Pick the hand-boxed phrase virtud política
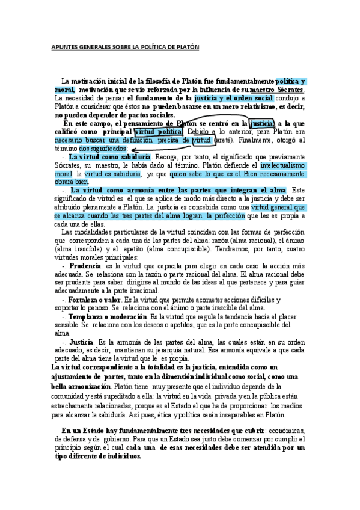pos(157,132)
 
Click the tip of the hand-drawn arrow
pos(132,150)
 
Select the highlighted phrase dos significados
pos(103,148)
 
